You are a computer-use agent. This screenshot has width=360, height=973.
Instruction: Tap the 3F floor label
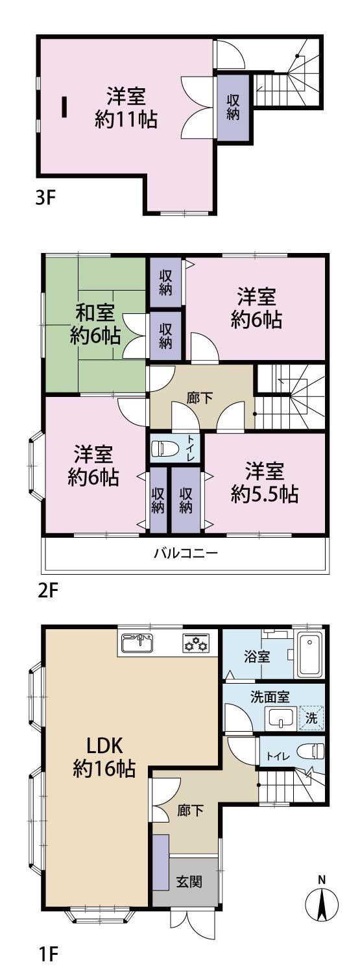pos(45,199)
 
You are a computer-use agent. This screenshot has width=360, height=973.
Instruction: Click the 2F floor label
pos(47,592)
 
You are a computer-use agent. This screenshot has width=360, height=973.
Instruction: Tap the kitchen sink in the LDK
pos(138,642)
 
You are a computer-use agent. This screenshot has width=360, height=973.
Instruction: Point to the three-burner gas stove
pos(195,642)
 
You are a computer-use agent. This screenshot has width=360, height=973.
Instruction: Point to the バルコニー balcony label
pos(186,553)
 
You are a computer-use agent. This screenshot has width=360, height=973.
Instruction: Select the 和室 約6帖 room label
pos(95,324)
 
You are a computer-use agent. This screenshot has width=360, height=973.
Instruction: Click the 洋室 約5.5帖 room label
pos(264,482)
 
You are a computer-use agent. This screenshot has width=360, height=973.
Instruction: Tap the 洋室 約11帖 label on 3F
pos(126,107)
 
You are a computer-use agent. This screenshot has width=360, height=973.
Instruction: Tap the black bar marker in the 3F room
pos(64,106)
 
